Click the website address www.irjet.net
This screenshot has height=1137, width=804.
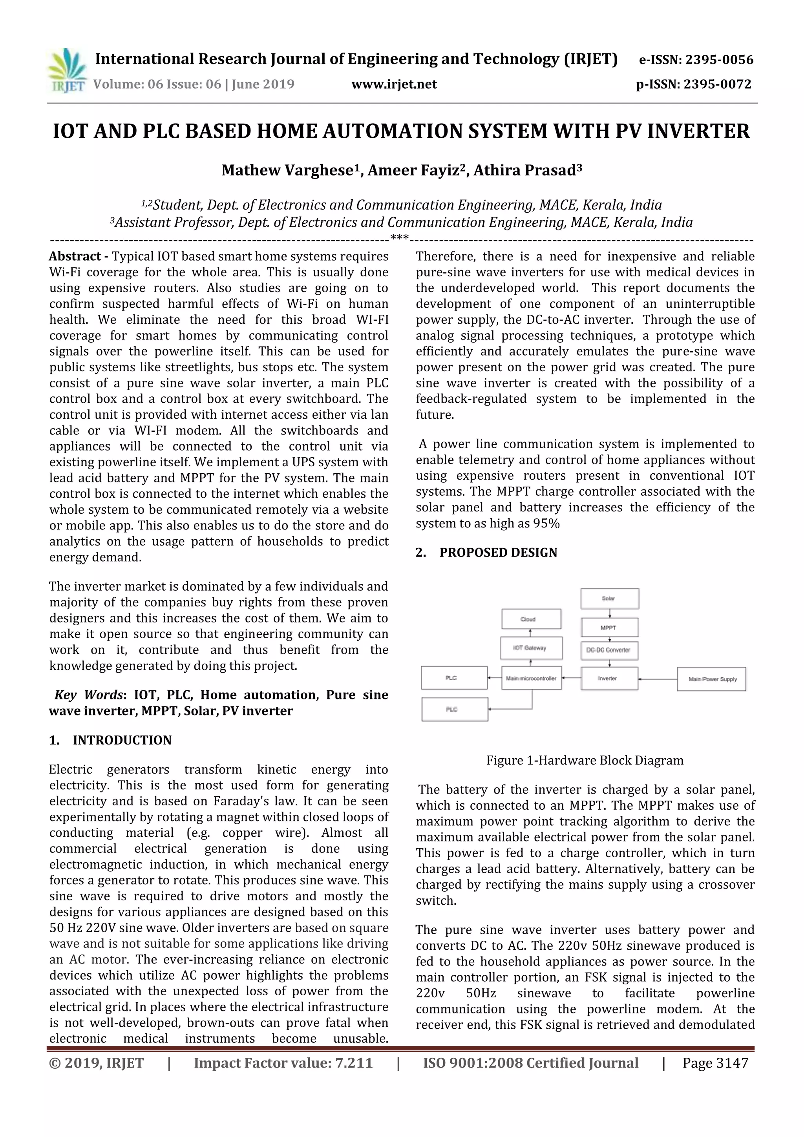(x=394, y=84)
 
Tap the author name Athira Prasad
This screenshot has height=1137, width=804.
(x=527, y=170)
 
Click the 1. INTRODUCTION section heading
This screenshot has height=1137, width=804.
(x=110, y=740)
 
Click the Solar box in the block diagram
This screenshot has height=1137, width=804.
(x=609, y=598)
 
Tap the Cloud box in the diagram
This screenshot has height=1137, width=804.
(x=532, y=619)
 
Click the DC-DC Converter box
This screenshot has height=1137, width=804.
(x=609, y=650)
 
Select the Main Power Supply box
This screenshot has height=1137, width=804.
(x=712, y=679)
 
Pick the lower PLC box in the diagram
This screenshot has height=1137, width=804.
(x=454, y=709)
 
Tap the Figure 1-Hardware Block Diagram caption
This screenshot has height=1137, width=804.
(x=585, y=760)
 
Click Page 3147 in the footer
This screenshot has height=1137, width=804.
(x=715, y=1063)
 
